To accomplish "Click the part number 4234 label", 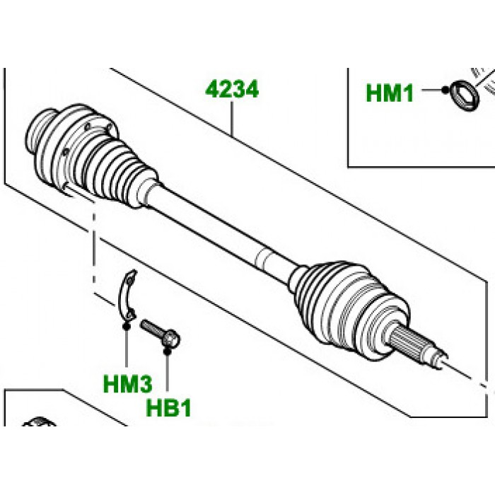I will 232,91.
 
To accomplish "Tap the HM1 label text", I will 390,93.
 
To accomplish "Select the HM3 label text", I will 127,384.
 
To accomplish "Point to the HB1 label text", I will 168,408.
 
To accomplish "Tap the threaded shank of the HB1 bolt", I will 151,330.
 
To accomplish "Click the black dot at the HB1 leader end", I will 168,349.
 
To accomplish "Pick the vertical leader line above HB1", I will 168,371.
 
